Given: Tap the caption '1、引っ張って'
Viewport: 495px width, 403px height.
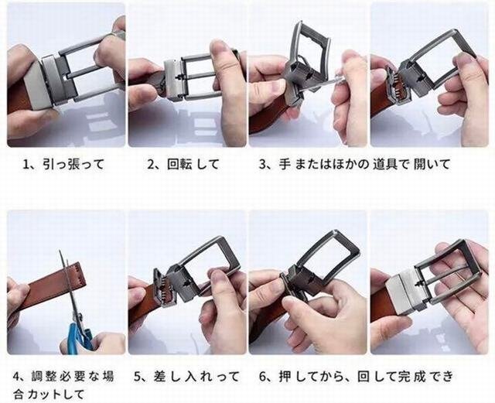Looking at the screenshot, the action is (x=63, y=165).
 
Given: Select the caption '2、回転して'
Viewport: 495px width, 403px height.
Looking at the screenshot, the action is (x=183, y=165).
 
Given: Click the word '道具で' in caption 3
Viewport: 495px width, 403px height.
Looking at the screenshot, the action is (x=391, y=165).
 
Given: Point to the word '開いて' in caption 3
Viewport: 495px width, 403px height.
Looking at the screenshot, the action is (x=432, y=165).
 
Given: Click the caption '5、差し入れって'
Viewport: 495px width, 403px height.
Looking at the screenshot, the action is (x=186, y=377).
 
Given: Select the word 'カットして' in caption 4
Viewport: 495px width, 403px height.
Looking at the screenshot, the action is (x=56, y=394).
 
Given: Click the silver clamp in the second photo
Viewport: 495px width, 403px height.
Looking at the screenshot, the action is (x=173, y=79).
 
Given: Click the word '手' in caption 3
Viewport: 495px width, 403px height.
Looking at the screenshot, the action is (x=285, y=165).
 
